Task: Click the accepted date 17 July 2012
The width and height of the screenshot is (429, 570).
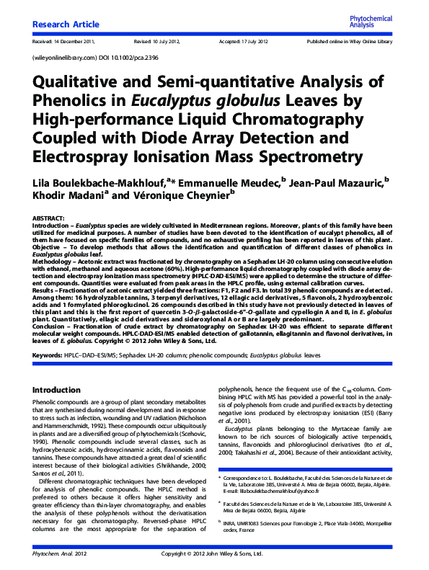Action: (259, 43)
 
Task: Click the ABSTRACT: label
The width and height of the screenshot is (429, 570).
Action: (48, 218)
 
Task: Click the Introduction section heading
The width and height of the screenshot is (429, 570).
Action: (61, 390)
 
